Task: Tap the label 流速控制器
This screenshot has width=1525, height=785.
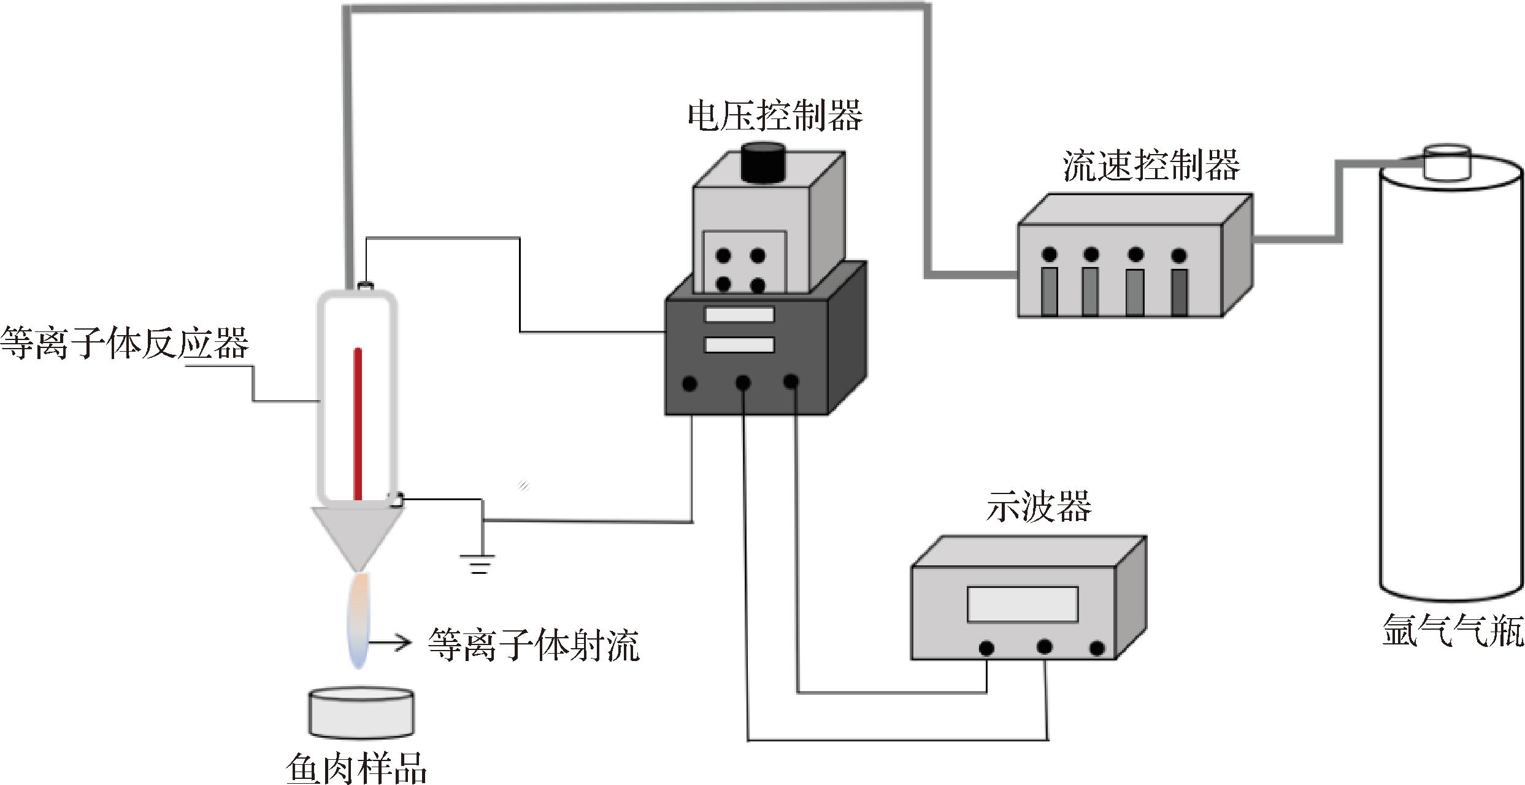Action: (1151, 166)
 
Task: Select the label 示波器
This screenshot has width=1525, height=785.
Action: (1038, 507)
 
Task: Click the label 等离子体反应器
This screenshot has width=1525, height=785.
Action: (125, 342)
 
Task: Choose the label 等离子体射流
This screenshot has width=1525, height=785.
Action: (533, 645)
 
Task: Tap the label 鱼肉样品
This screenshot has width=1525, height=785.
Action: (356, 767)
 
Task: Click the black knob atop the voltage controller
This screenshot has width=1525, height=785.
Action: (764, 163)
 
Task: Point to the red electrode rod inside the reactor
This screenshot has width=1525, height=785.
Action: (358, 423)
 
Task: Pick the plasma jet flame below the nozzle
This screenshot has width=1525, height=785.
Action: (359, 620)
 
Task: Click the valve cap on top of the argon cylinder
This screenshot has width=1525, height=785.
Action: (1446, 161)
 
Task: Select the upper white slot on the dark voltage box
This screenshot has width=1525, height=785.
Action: (739, 315)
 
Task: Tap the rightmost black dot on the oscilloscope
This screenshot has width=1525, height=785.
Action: (1097, 649)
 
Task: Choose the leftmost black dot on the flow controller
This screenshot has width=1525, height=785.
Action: (1049, 254)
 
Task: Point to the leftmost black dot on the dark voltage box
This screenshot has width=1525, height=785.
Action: (690, 384)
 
